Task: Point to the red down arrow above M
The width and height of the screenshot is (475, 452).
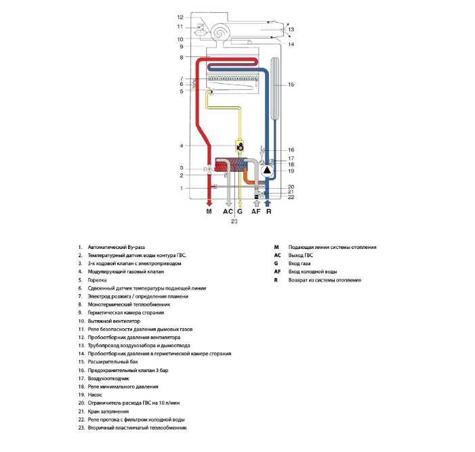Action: coord(209,202)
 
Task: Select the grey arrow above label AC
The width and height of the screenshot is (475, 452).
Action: coord(228,202)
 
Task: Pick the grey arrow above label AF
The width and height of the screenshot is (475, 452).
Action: coord(256,202)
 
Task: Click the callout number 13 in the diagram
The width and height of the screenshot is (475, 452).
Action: coord(291,30)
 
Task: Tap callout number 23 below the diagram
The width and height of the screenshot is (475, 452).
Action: coord(234,221)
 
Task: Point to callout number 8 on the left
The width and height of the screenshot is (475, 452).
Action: coord(181,58)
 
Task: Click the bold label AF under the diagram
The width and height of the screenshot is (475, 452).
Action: coord(256,212)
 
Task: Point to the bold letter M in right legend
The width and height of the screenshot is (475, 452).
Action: coord(276,248)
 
